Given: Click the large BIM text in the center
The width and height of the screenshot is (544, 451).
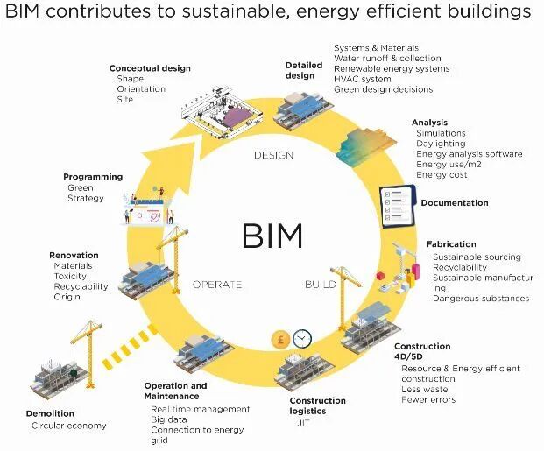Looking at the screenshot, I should click(x=272, y=235).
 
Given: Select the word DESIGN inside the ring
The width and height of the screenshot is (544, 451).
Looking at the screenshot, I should click(x=272, y=156).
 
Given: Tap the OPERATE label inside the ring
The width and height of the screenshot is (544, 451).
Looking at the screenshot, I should click(x=216, y=285).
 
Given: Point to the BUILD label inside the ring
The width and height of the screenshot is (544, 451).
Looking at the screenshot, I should click(x=320, y=285).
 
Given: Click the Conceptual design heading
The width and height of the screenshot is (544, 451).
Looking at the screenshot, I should click(x=150, y=68).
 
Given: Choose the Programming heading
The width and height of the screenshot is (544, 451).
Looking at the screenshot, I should click(x=93, y=177).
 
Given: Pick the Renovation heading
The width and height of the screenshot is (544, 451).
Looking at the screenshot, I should click(x=74, y=256).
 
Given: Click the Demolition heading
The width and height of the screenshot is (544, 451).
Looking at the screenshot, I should click(x=50, y=413).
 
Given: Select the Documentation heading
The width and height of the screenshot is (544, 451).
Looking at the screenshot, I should click(x=455, y=203).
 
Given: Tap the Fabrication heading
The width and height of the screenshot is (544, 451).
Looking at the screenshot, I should click(x=451, y=244).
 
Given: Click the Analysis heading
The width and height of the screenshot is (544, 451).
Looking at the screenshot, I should click(x=431, y=123).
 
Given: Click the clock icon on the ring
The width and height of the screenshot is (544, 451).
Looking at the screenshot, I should click(x=303, y=338).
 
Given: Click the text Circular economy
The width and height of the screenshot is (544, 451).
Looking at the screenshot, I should click(x=69, y=426).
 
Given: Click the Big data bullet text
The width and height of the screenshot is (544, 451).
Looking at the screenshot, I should click(x=171, y=419).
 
